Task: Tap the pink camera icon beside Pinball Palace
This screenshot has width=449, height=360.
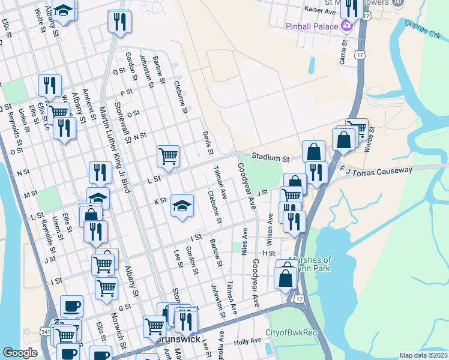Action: click(x=346, y=25)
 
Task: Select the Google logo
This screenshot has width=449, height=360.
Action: click(x=20, y=353)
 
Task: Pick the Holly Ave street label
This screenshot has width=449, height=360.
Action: click(x=247, y=341)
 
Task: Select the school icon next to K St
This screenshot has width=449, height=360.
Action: click(x=182, y=206)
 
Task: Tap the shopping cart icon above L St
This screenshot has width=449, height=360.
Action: click(x=169, y=156)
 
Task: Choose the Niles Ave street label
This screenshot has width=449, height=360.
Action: click(x=245, y=241)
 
